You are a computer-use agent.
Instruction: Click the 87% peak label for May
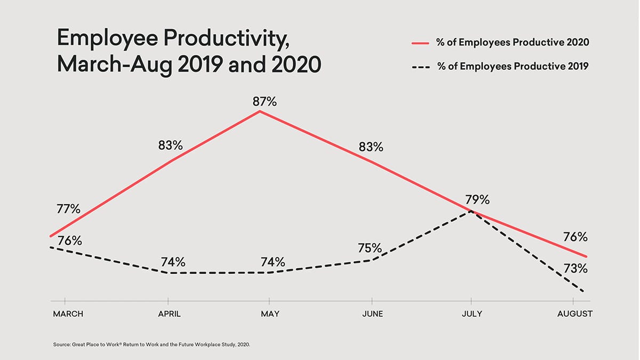265,101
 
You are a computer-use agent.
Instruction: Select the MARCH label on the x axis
68,314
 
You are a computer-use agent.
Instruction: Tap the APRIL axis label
169,314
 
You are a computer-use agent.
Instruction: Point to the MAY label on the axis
269,314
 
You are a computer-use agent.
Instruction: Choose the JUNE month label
372,314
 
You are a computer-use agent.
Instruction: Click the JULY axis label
471,314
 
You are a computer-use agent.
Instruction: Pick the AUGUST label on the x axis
574,314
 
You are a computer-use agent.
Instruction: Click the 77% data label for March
68,209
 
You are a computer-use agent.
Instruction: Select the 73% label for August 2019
575,269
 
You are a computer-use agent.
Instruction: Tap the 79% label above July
477,199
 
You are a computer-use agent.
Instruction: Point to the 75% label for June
370,248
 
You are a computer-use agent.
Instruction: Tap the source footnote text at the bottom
151,345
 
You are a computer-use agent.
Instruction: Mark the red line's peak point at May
259,111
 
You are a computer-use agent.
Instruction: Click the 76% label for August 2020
575,237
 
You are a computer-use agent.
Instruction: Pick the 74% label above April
173,262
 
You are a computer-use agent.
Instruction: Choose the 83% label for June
371,147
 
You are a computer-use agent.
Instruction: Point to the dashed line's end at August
585,292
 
